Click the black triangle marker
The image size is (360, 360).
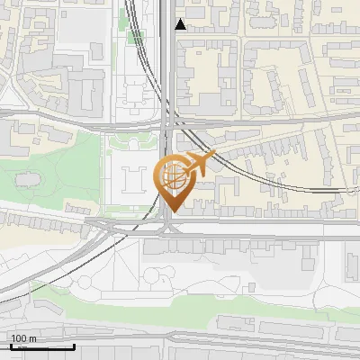[181, 24]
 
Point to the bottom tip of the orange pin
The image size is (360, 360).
[171, 212]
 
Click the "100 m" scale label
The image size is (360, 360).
[23, 339]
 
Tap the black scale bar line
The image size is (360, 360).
[41, 346]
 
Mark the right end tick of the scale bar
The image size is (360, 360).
[73, 345]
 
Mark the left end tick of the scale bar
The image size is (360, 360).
[10, 345]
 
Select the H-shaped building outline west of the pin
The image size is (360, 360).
[132, 180]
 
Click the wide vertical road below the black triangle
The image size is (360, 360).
[168, 72]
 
